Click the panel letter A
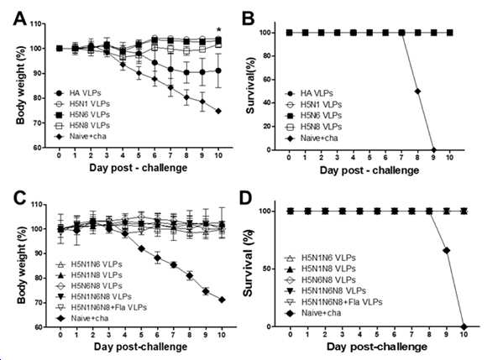pos(19,18)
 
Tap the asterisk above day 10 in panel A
pos(219,30)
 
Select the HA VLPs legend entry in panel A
pos(77,93)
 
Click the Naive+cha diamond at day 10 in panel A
pos(218,111)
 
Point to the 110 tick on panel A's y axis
pos(36,23)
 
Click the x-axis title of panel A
pos(139,168)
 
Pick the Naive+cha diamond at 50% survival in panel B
pos(417,91)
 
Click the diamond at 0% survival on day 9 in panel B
pos(433,149)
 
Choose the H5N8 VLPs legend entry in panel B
pos(313,127)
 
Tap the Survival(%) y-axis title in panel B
pos(250,86)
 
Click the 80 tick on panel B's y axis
pos(267,56)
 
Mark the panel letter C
pos(19,197)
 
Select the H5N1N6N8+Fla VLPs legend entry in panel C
pos(102,307)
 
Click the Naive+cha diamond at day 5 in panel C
pos(141,248)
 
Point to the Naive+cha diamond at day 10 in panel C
pos(222,300)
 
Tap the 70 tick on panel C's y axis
pos(38,302)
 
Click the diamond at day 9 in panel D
pos(446,250)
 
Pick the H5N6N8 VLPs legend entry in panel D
pos(320,279)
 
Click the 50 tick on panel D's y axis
pos(266,269)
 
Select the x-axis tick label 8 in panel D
pos(429,334)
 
